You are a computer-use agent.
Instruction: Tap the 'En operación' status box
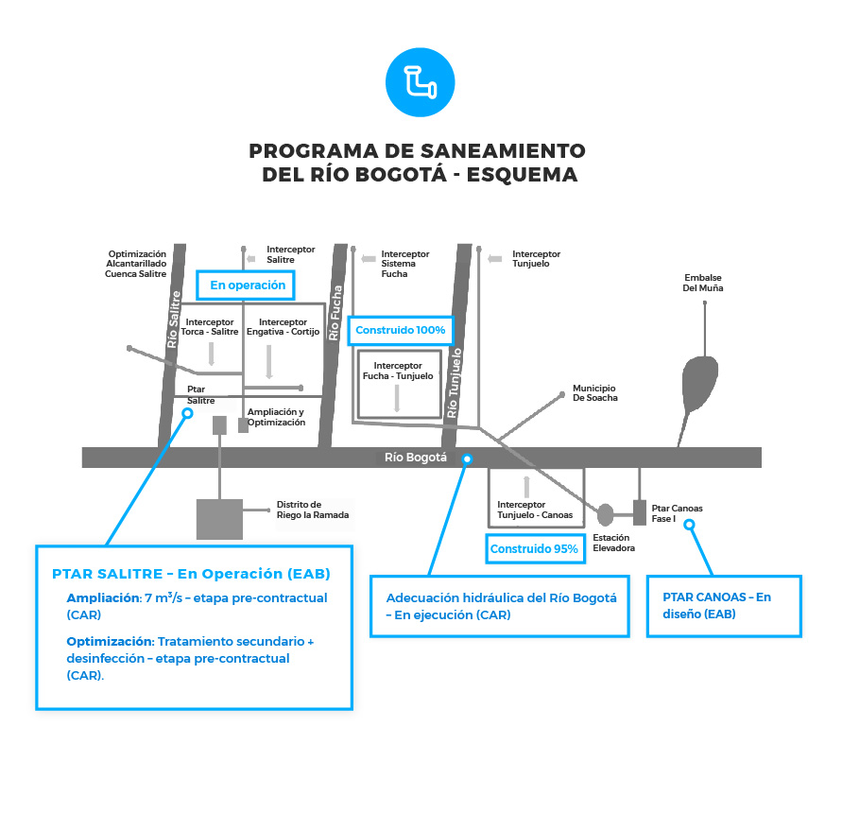[x=248, y=285]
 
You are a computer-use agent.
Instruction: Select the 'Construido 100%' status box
[x=400, y=331]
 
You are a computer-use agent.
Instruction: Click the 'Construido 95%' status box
[x=533, y=549]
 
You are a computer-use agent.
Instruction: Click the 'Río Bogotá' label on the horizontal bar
[x=416, y=458]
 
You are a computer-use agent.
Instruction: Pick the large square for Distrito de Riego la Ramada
[x=219, y=518]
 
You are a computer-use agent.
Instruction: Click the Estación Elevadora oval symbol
[x=606, y=514]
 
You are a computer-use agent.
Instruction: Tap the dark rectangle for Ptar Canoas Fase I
[x=639, y=512]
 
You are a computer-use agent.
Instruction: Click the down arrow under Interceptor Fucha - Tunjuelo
[x=398, y=398]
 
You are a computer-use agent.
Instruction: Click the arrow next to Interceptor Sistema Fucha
[x=367, y=255]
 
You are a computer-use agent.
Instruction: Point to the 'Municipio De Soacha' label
[x=595, y=392]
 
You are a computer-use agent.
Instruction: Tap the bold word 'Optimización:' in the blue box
[x=110, y=641]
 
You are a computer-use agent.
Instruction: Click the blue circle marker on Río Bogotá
[x=466, y=458]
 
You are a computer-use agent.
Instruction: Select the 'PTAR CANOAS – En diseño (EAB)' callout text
[x=723, y=605]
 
